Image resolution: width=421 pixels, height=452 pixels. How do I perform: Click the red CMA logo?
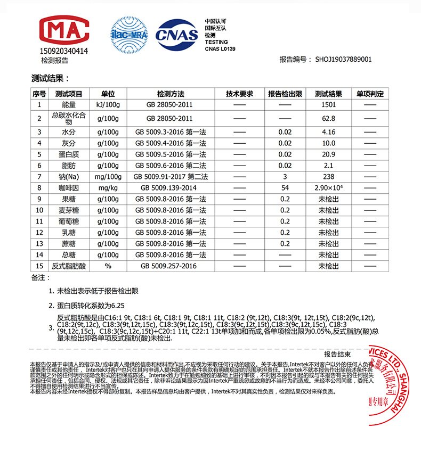pyautogui.click(x=63, y=31)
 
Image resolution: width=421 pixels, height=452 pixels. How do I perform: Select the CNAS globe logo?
pyautogui.click(x=176, y=34)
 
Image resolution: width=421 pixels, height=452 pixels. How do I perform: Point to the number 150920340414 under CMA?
pyautogui.click(x=63, y=51)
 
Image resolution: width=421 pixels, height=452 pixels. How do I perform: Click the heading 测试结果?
pyautogui.click(x=51, y=79)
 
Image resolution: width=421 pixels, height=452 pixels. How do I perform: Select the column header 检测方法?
pyautogui.click(x=170, y=94)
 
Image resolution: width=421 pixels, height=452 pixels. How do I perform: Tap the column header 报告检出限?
pyautogui.click(x=285, y=94)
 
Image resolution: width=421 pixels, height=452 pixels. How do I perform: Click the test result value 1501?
pyautogui.click(x=329, y=105)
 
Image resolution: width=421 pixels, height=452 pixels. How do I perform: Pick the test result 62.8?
pyautogui.click(x=329, y=119)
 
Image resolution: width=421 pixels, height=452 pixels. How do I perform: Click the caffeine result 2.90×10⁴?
pyautogui.click(x=329, y=188)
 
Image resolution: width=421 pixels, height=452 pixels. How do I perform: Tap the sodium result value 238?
pyautogui.click(x=329, y=177)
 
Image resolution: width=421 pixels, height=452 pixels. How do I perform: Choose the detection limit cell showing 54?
pyautogui.click(x=285, y=188)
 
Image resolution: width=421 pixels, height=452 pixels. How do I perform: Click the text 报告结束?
pyautogui.click(x=337, y=354)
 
